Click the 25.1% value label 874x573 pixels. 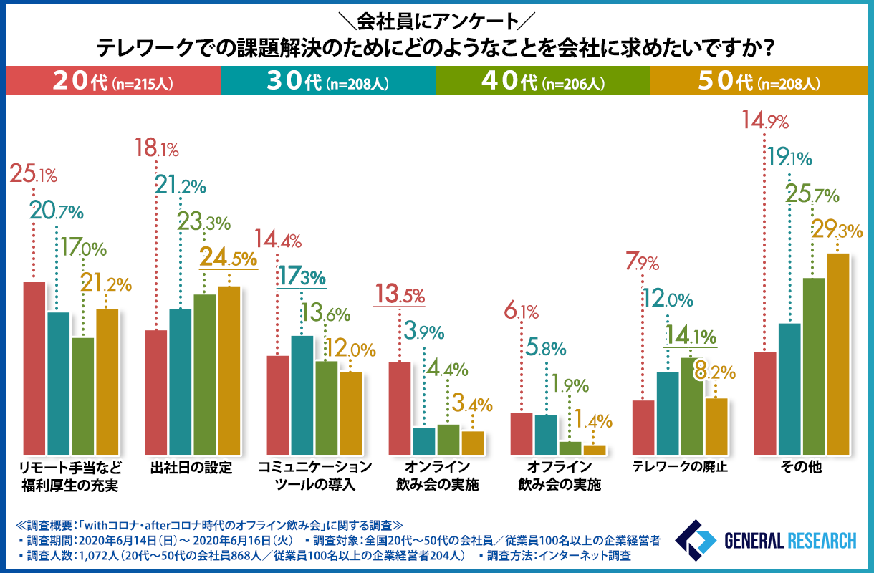click(x=33, y=174)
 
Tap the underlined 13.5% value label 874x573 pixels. click(x=400, y=294)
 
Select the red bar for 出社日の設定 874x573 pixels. click(x=156, y=392)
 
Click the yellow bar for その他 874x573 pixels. click(x=837, y=354)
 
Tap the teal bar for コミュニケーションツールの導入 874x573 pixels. click(x=302, y=395)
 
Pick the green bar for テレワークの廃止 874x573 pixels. click(x=691, y=406)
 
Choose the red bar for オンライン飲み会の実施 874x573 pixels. click(x=400, y=408)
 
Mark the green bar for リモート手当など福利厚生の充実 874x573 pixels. click(x=83, y=395)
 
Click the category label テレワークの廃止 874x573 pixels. click(x=680, y=469)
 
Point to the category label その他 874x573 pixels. click(x=801, y=469)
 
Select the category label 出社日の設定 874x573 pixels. click(x=192, y=469)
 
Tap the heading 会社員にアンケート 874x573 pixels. click(x=436, y=17)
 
